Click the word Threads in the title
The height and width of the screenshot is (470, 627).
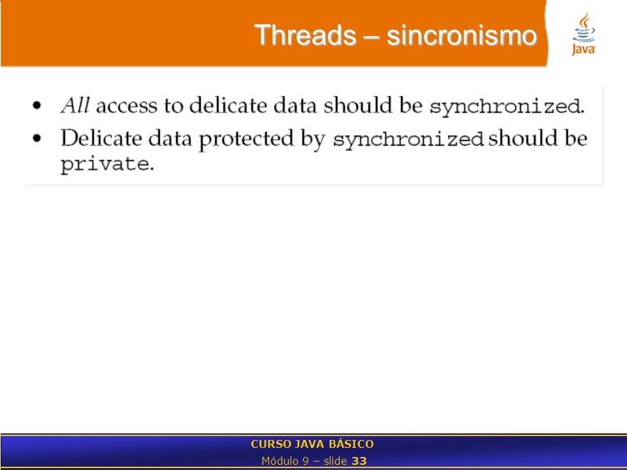[x=305, y=35]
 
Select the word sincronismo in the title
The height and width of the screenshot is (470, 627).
[x=462, y=35]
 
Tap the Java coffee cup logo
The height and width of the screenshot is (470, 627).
[x=583, y=34]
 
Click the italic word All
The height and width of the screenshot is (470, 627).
[x=74, y=106]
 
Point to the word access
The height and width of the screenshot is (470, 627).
[x=127, y=106]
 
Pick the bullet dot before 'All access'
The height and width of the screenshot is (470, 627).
[x=37, y=106]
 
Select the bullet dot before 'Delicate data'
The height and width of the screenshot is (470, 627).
[x=37, y=138]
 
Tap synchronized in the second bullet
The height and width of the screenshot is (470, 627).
[x=408, y=140]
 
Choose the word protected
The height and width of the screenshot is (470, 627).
[x=246, y=139]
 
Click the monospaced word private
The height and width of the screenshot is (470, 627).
[x=104, y=164]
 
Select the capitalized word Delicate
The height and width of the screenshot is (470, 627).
[x=101, y=138]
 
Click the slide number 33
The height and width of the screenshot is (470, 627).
[x=359, y=462]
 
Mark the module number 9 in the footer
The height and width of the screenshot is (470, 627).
[x=306, y=462]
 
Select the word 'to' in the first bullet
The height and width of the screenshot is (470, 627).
[x=173, y=106]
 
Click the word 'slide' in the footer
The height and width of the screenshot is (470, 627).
[x=335, y=461]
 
